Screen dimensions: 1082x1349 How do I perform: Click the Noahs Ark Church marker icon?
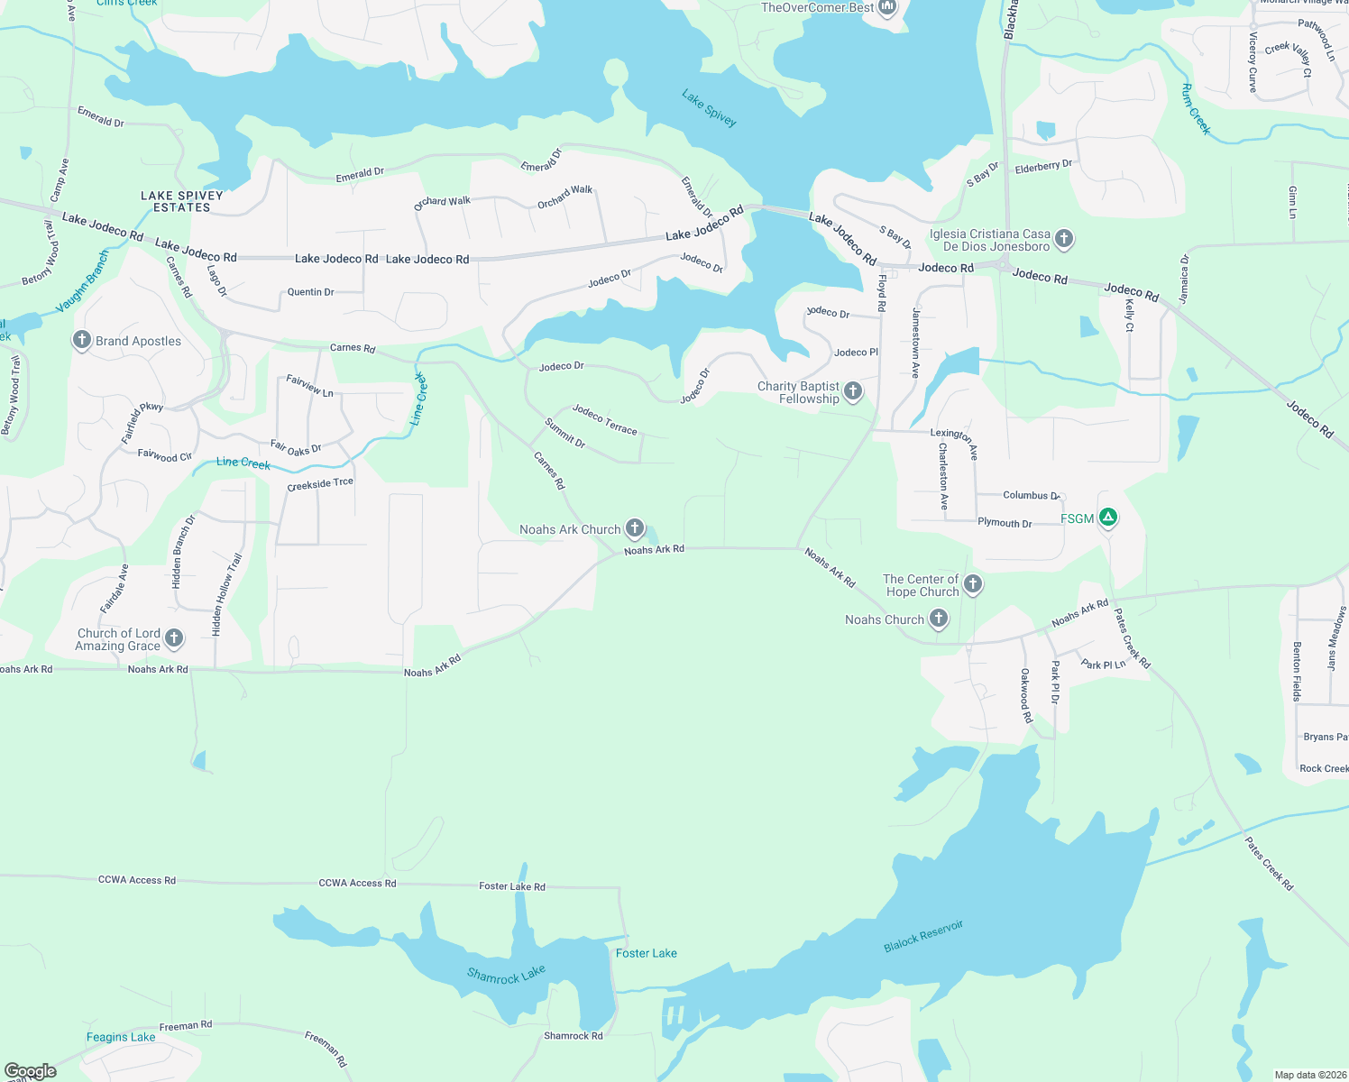pos(635,528)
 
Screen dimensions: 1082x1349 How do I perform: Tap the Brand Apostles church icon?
pos(82,340)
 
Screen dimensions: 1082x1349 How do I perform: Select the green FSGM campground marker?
pos(1108,518)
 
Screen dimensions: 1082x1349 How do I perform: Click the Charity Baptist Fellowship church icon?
pos(853,391)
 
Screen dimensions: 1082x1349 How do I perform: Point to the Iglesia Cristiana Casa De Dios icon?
pos(1064,239)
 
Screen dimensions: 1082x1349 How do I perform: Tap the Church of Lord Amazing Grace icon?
pos(175,638)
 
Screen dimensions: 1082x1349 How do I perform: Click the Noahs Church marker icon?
pos(939,619)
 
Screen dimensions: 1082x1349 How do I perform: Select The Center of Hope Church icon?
pos(973,584)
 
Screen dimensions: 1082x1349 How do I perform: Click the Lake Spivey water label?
pos(709,108)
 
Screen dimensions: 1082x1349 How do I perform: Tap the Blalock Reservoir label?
pos(923,936)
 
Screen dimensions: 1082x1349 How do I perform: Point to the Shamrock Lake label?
pos(506,975)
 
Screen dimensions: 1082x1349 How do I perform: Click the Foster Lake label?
pos(646,953)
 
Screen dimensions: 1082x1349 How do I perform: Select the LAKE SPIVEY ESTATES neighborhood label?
pos(181,201)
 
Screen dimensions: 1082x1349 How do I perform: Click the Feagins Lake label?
pos(121,1037)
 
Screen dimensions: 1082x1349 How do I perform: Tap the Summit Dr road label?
pos(565,433)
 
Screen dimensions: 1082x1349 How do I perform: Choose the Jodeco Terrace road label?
pos(604,419)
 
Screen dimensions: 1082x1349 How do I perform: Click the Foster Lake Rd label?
pos(511,886)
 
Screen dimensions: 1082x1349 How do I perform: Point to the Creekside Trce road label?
pos(320,484)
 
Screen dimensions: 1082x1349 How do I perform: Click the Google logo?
pos(31,1070)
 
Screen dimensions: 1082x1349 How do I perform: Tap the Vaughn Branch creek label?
pos(82,283)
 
